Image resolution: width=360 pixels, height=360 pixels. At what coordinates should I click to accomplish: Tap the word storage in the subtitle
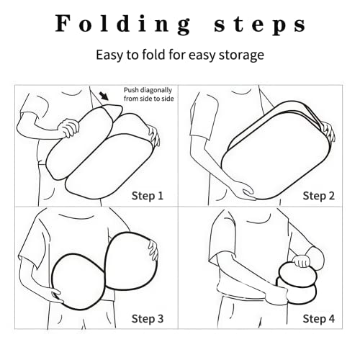(x=241, y=55)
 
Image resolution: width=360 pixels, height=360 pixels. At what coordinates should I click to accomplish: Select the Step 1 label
(x=148, y=196)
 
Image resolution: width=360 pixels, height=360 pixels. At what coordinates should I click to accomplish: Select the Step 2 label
(x=318, y=196)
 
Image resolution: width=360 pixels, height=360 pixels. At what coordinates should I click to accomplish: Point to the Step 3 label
(x=148, y=319)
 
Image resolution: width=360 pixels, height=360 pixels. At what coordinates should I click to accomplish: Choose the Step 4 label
(x=318, y=319)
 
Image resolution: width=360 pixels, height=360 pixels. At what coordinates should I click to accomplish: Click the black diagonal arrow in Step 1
(x=104, y=96)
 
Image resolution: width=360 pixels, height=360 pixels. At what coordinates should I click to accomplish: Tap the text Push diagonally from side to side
(x=149, y=94)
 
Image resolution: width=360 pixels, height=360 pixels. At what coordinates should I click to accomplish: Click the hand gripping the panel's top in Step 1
(x=69, y=127)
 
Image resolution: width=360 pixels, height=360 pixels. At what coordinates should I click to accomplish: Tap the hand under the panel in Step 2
(x=247, y=192)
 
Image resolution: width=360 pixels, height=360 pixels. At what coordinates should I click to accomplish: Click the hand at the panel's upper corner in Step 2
(x=328, y=132)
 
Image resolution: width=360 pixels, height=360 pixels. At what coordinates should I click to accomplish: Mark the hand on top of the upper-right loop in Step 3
(x=153, y=250)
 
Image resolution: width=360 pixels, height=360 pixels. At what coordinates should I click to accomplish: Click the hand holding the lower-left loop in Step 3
(x=55, y=295)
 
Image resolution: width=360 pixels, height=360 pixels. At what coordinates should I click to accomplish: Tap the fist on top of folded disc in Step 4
(x=302, y=261)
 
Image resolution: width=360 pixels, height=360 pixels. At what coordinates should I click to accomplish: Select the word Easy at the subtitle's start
(x=110, y=55)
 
